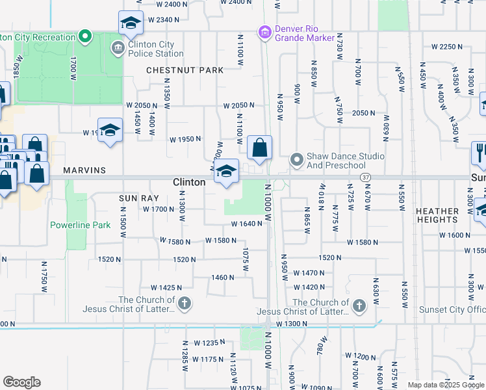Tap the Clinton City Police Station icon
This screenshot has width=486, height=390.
click(118, 47)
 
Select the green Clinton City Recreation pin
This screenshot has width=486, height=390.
click(84, 36)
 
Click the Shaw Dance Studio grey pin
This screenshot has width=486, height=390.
click(296, 159)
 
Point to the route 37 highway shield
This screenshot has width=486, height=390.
click(366, 177)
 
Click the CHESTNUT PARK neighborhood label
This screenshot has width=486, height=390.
click(185, 70)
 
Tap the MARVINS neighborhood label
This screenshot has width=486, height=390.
click(84, 170)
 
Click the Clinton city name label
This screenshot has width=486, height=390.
click(189, 183)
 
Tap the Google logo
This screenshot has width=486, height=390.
click(21, 382)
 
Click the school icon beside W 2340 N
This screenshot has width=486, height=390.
click(131, 23)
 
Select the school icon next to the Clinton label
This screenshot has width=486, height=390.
click(226, 172)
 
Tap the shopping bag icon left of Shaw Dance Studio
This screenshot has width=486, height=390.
click(260, 148)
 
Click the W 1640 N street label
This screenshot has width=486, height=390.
click(246, 224)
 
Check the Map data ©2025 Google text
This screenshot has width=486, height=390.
click(446, 385)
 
